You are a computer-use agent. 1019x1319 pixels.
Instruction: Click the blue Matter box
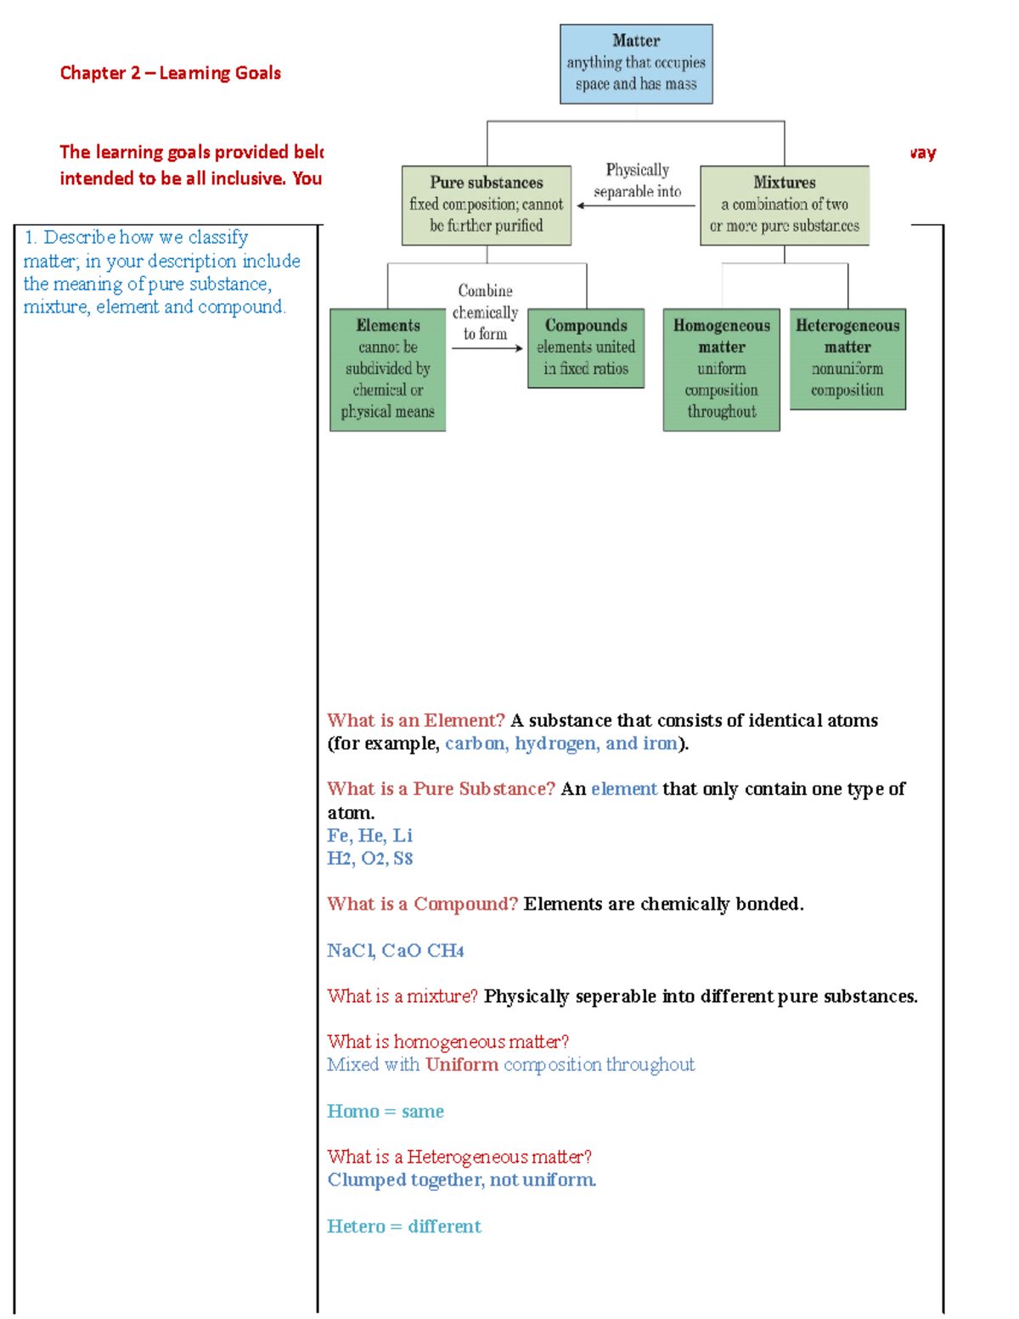(x=636, y=64)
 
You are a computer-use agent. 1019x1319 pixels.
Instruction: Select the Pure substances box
(x=486, y=206)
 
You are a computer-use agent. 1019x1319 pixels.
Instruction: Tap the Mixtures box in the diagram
(x=784, y=206)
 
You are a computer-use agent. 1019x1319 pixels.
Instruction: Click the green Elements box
(x=387, y=369)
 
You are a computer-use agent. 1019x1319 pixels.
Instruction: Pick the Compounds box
(x=586, y=348)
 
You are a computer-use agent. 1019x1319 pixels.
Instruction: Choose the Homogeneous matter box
(x=721, y=369)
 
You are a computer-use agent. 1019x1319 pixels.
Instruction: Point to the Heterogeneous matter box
(x=847, y=358)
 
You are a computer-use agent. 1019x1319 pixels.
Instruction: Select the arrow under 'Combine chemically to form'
(x=487, y=348)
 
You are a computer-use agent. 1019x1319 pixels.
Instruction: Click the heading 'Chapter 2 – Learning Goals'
(x=170, y=73)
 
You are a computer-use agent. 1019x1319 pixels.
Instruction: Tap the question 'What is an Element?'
(x=415, y=720)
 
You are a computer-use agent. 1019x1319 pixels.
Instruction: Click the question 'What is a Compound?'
(x=422, y=904)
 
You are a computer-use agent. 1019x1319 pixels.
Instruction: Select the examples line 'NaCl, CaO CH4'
(x=395, y=950)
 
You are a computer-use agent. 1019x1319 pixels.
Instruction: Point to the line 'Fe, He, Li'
(x=369, y=836)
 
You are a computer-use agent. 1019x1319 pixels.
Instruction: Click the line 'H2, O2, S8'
(x=369, y=859)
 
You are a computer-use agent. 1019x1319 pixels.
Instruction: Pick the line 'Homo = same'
(x=385, y=1111)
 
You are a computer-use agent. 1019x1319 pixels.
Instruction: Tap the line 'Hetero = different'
(x=403, y=1226)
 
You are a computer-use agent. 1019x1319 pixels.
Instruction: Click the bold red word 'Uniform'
(x=462, y=1065)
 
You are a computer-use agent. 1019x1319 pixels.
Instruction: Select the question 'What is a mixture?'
(x=403, y=996)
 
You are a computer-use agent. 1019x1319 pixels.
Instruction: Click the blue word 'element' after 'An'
(x=624, y=789)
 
